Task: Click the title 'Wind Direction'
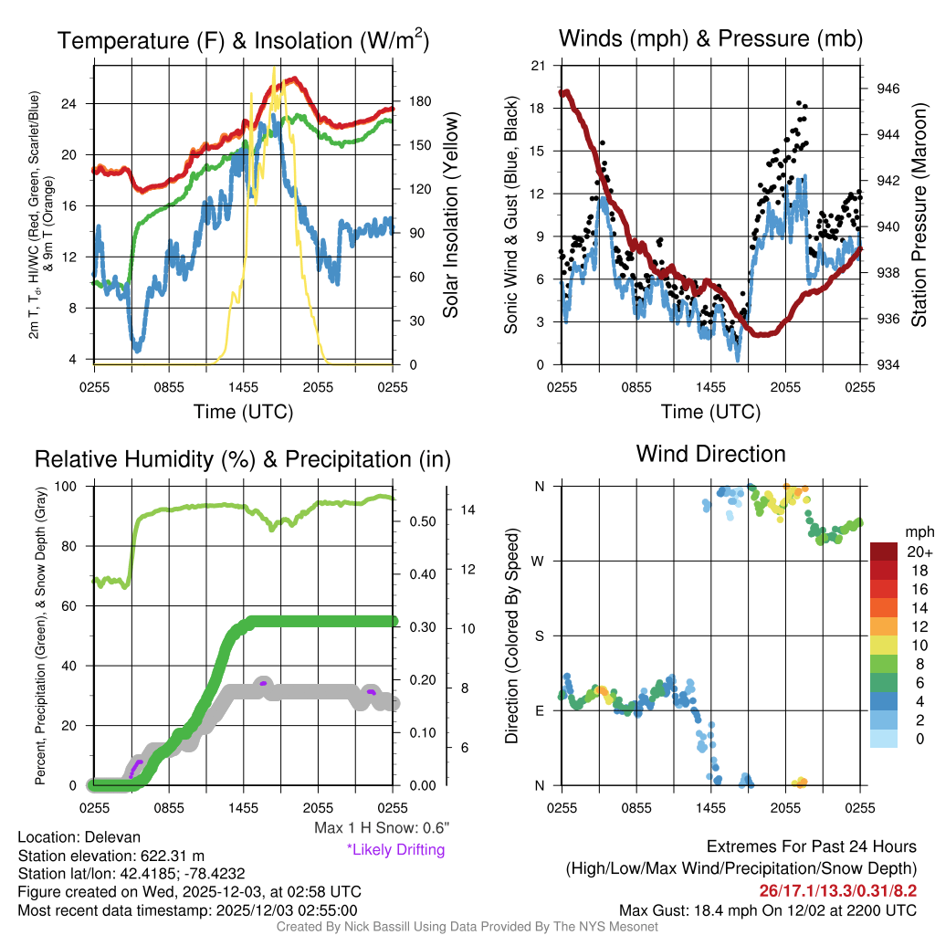[710, 454]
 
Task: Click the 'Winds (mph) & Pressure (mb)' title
[710, 38]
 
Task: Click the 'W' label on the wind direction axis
[540, 561]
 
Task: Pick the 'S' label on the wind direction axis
[540, 636]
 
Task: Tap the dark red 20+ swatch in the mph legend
[887, 552]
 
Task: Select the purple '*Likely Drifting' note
[395, 849]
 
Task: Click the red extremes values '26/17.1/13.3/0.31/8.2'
[837, 889]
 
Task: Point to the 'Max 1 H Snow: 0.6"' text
[381, 828]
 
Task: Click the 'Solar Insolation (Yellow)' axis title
[450, 215]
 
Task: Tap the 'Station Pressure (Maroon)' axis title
[919, 215]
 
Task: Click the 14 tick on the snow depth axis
[465, 510]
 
